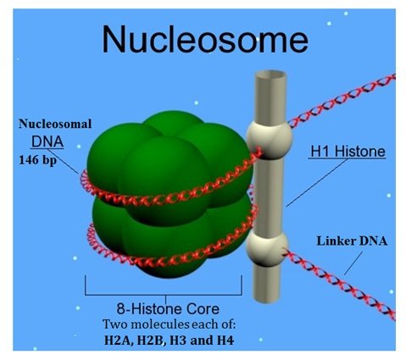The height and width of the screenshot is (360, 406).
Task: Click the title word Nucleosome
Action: [x=205, y=39]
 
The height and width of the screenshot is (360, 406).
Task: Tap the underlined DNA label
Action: [x=47, y=141]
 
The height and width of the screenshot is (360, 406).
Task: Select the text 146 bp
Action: [x=37, y=160]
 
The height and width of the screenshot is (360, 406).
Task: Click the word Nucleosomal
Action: [x=55, y=124]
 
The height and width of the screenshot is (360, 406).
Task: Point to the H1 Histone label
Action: [x=348, y=152]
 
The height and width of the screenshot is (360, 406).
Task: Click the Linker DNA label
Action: [x=352, y=241]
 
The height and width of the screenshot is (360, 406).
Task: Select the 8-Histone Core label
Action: [x=168, y=308]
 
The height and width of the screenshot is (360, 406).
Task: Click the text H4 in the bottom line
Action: [x=225, y=340]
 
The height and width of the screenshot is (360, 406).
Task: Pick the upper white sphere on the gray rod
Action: [x=269, y=137]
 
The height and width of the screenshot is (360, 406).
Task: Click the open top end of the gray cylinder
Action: [x=270, y=75]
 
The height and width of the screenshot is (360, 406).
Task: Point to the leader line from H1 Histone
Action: [x=317, y=183]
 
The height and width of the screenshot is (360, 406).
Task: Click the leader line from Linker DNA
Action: [x=353, y=263]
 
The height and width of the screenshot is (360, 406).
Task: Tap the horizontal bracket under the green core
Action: [x=164, y=295]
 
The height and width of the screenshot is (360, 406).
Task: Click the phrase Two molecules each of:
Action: [x=169, y=324]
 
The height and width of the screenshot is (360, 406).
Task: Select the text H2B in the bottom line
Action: [x=150, y=341]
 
